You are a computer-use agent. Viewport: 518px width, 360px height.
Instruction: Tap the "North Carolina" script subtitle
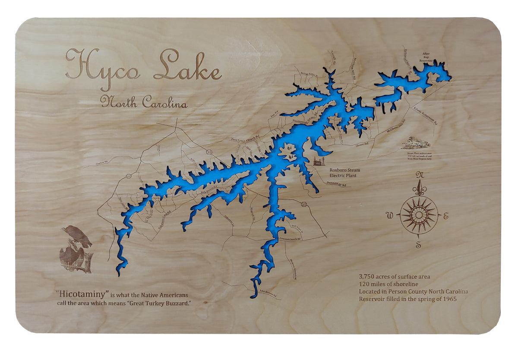(144, 103)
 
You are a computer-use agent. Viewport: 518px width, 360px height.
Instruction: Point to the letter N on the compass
(418, 175)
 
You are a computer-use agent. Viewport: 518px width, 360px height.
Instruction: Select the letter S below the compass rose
(418, 245)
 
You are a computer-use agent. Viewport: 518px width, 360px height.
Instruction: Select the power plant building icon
(319, 162)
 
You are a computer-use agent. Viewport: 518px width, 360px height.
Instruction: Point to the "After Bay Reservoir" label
(426, 57)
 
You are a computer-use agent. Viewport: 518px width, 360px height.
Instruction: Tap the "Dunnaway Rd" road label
(339, 184)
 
